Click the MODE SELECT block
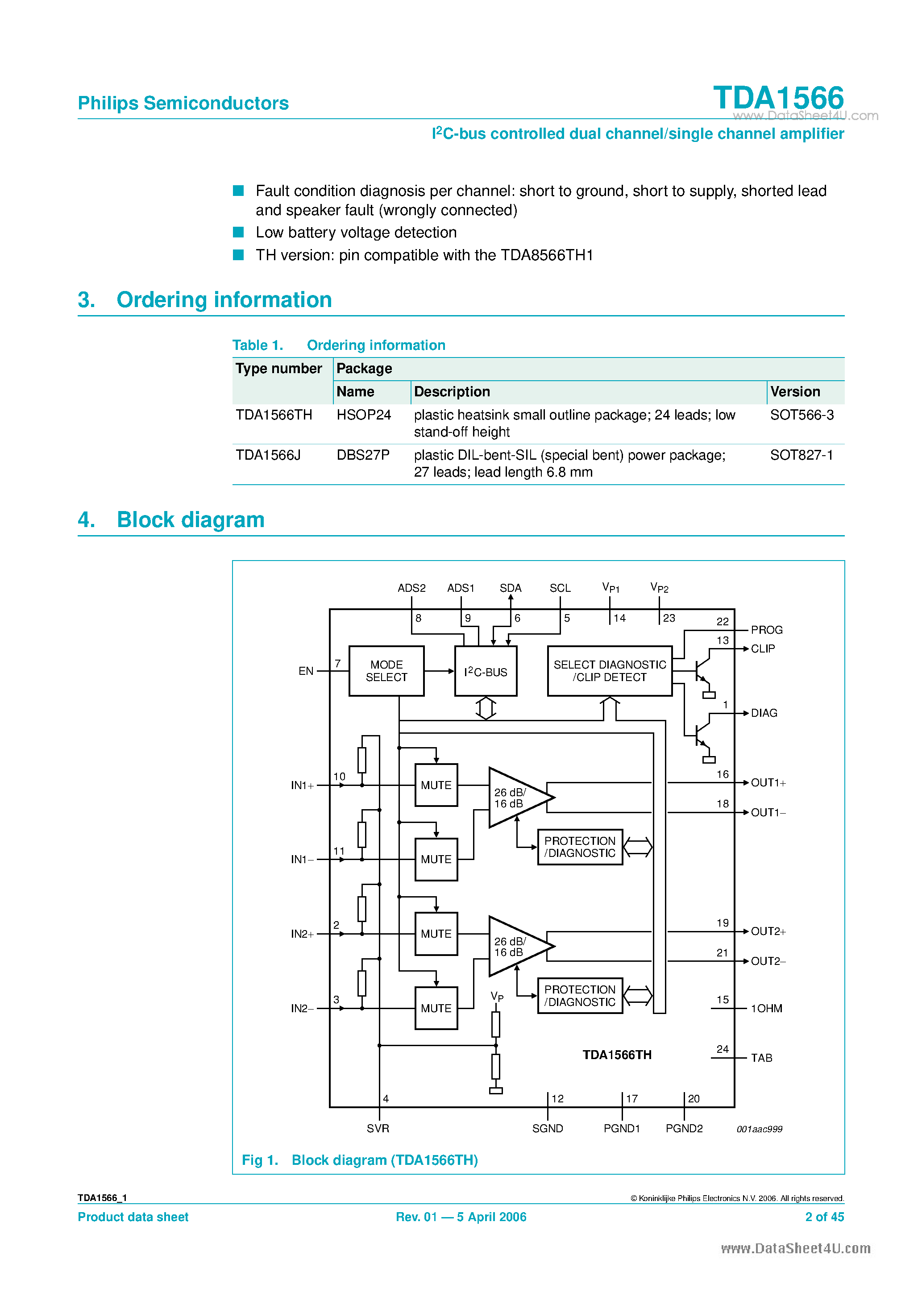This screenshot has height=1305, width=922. coord(386,671)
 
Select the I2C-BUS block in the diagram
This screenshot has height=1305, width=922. coord(486,671)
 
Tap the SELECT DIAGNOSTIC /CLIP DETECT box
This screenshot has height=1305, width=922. coord(609,671)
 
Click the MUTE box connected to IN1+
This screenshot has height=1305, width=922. coord(436,785)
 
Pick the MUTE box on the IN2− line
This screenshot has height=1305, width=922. coord(436,1008)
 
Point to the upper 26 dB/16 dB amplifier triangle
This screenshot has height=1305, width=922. coord(515,798)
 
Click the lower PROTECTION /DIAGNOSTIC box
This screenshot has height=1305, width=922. coord(580,996)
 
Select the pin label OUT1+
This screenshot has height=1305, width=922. coord(768,783)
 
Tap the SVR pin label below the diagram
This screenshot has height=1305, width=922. coord(378,1128)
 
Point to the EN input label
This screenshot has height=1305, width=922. coord(306,671)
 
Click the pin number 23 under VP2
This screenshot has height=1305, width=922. coord(669,618)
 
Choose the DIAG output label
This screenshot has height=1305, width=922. coord(764,713)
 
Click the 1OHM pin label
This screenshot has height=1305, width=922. coord(766,1008)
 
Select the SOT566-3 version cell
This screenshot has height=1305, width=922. coord(802,415)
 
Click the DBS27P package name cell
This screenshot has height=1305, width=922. coord(363,455)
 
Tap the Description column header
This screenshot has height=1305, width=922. coord(452,391)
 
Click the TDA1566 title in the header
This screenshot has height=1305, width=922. coord(778,98)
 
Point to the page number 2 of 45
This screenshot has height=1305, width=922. coord(824,1217)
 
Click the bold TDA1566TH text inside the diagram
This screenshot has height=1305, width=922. coord(617,1055)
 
